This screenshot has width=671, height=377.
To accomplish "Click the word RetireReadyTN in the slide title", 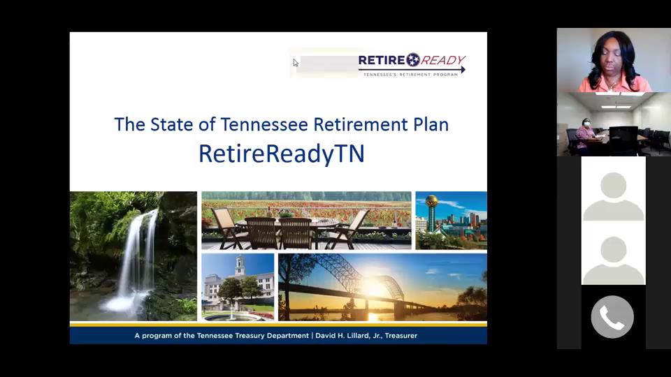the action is pyautogui.click(x=282, y=154).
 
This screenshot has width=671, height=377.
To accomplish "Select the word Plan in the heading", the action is pyautogui.click(x=431, y=124).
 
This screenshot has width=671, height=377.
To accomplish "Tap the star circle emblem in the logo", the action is pyautogui.click(x=413, y=60).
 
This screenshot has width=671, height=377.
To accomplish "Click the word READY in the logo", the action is pyautogui.click(x=443, y=60).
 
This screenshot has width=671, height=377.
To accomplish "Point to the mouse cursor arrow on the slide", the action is pyautogui.click(x=296, y=63).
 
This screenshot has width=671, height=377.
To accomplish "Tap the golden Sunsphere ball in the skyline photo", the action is pyautogui.click(x=431, y=201).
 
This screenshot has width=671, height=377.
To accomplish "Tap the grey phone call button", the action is pyautogui.click(x=612, y=317).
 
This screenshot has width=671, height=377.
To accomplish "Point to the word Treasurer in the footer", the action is pyautogui.click(x=401, y=336).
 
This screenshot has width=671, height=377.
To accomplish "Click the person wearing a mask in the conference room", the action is pyautogui.click(x=585, y=133).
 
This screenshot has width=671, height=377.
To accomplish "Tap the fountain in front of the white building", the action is pyautogui.click(x=231, y=315).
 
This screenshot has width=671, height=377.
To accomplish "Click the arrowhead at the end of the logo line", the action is pyautogui.click(x=463, y=70).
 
